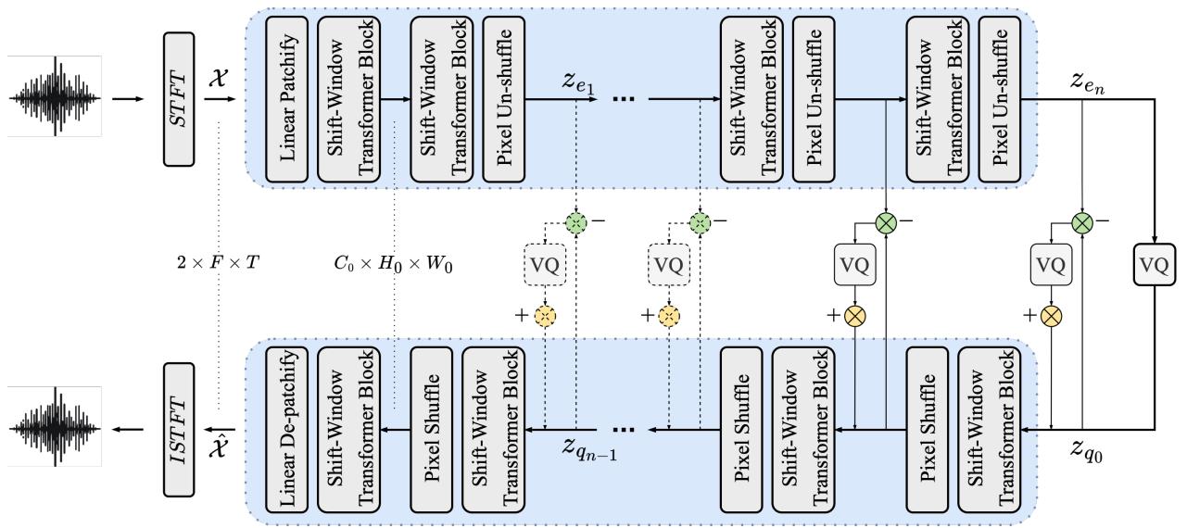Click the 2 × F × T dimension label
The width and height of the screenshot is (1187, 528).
[x=220, y=263]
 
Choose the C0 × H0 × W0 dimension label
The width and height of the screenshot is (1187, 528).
[x=395, y=263]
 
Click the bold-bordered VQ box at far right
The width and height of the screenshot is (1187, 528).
[x=1154, y=266]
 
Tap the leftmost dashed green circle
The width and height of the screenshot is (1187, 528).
[x=576, y=223]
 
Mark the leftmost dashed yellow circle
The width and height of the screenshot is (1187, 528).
[x=547, y=316]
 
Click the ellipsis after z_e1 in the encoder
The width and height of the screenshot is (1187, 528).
[x=623, y=97]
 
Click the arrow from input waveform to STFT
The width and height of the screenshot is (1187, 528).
[x=127, y=97]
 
